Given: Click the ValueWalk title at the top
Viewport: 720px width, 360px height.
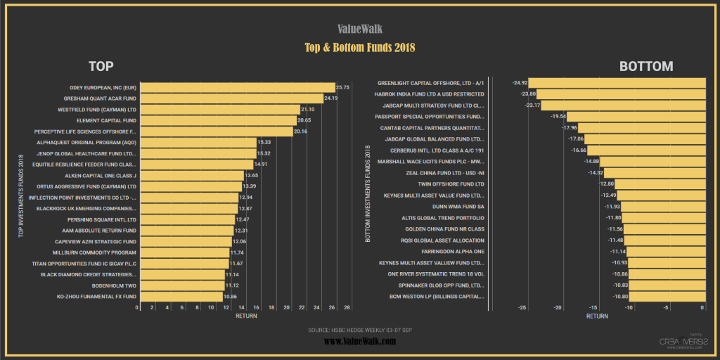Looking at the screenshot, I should tap(359, 30).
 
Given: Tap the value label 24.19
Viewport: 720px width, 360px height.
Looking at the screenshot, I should tap(330, 99).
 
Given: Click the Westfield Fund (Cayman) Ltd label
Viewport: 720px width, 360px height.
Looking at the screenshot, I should tap(97, 110).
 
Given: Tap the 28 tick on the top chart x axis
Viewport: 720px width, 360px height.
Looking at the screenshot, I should tap(347, 307).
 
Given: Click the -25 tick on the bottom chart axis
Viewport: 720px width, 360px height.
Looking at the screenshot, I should tap(522, 307).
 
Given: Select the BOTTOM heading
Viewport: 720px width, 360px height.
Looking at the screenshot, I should tap(645, 67).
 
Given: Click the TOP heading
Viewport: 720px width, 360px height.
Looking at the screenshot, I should tap(101, 67).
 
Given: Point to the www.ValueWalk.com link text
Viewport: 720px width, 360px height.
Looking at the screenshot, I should tap(359, 341).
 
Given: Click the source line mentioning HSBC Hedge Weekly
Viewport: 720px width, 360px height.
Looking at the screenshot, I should tap(359, 329).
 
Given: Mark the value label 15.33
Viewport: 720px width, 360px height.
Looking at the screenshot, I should tap(264, 142).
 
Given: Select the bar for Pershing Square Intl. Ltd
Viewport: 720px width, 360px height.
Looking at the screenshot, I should tap(186, 219).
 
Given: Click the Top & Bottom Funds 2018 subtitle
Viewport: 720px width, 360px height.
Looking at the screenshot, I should tap(359, 48).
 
